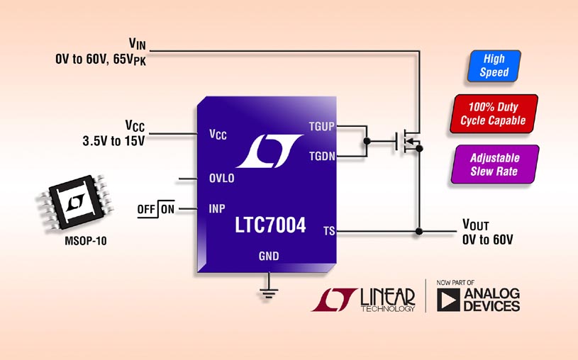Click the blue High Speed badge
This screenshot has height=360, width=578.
(x=494, y=66)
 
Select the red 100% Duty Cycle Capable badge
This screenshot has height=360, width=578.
(x=494, y=114)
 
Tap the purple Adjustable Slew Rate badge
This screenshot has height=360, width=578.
(x=494, y=164)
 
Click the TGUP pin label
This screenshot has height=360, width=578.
(x=321, y=128)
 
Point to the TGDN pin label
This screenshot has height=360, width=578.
(x=321, y=154)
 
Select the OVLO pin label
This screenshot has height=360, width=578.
(x=221, y=179)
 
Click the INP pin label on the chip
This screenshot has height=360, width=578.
(x=217, y=209)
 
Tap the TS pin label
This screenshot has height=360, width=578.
(x=328, y=231)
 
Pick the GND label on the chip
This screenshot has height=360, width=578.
(x=269, y=256)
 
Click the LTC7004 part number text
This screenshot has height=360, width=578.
(x=270, y=226)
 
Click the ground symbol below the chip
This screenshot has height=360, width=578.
(x=269, y=291)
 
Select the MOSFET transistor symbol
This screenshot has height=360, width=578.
(x=408, y=142)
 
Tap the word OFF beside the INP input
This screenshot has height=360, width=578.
(x=147, y=209)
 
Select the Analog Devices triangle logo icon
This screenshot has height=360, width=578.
(x=448, y=300)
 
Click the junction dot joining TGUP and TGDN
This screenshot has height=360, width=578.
(x=367, y=141)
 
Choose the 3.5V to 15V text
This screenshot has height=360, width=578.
(x=113, y=140)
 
